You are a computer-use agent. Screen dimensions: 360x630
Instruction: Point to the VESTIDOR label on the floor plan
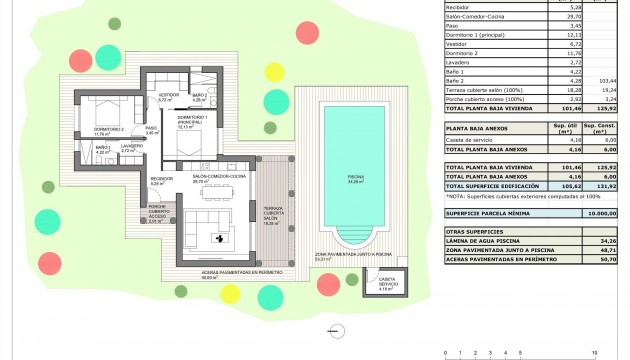[x=166, y=96]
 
